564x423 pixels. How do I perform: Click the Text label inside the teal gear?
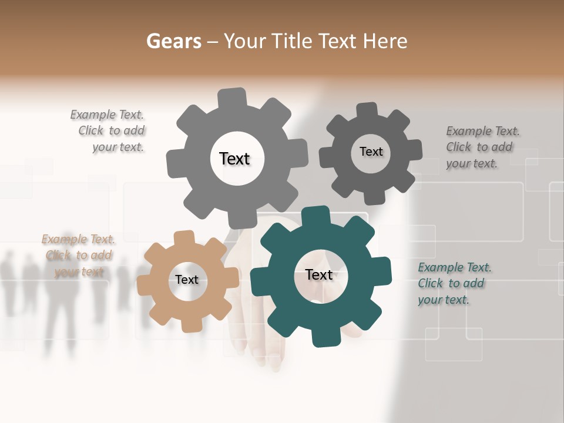coord(319,275)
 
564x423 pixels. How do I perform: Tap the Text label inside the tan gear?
coord(187,280)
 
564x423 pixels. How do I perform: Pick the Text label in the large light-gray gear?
coord(234,159)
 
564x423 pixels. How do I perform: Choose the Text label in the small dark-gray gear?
coord(371,152)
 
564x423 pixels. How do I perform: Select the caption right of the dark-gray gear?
coord(482,147)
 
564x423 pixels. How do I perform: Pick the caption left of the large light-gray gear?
coord(109,131)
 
